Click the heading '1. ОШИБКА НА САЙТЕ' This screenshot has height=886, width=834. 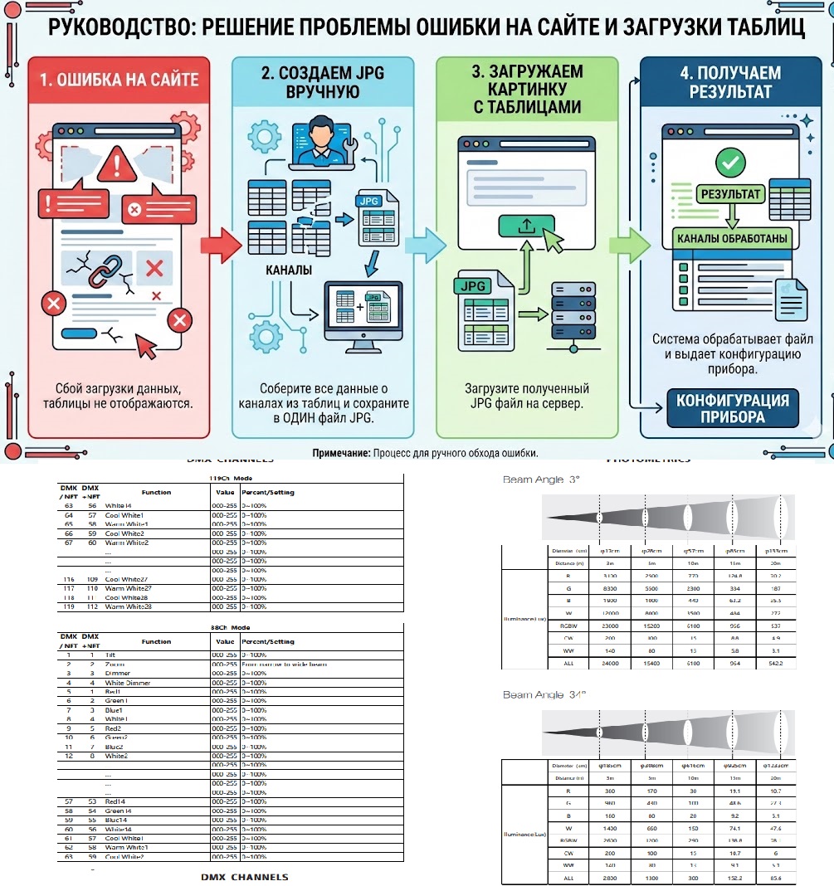click(x=120, y=80)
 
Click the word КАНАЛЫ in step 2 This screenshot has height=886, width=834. click(x=289, y=271)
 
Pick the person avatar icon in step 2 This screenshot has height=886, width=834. click(x=319, y=136)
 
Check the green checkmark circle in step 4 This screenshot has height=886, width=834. click(x=730, y=162)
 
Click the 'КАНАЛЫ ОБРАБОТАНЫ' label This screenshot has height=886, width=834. click(x=733, y=239)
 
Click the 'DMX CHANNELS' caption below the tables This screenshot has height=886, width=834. click(x=244, y=877)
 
